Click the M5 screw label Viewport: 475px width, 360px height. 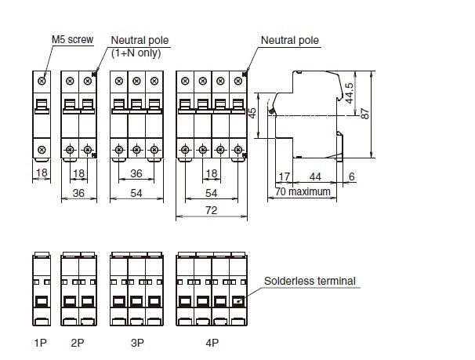click(x=72, y=39)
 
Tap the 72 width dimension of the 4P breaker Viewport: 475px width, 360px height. click(x=211, y=210)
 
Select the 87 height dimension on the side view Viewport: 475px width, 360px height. click(x=365, y=114)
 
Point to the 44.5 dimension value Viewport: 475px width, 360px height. click(x=350, y=93)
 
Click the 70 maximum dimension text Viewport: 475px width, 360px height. click(x=303, y=191)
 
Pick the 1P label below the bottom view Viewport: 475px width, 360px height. click(x=40, y=343)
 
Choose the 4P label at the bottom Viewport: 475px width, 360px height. click(x=212, y=343)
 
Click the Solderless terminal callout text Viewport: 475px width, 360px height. click(x=310, y=281)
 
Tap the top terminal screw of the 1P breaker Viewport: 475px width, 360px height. click(x=42, y=81)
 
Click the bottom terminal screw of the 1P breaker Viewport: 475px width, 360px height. click(x=42, y=149)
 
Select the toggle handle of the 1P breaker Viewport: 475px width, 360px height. click(x=42, y=106)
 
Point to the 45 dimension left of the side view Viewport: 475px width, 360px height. click(x=252, y=113)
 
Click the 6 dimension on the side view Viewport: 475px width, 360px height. click(x=351, y=176)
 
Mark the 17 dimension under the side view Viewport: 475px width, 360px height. click(x=285, y=176)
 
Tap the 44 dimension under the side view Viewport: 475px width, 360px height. click(x=315, y=176)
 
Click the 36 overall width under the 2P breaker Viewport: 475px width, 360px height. click(x=78, y=193)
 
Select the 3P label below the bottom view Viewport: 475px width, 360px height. click(x=137, y=343)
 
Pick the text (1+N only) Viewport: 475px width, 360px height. click(x=136, y=53)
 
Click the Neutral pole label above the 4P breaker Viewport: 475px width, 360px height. click(x=290, y=40)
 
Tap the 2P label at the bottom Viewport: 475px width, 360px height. click(x=78, y=343)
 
